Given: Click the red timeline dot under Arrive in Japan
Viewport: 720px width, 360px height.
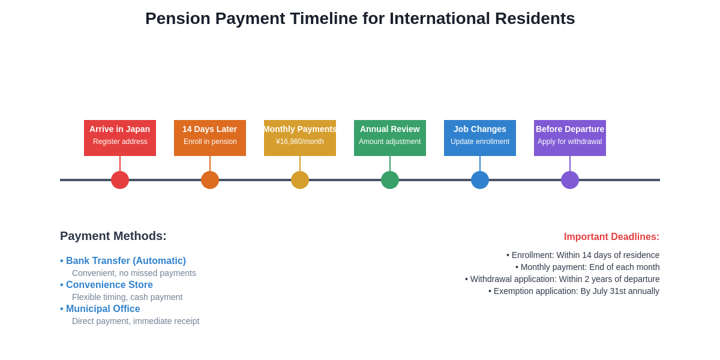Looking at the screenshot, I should tap(120, 180).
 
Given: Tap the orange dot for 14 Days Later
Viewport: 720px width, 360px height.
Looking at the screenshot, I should tap(210, 180).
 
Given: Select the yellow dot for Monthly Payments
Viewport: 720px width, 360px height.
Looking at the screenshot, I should tap(300, 180).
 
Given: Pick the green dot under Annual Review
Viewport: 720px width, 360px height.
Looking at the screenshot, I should tap(390, 180).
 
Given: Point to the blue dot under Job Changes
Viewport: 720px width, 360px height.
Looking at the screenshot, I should tap(480, 180).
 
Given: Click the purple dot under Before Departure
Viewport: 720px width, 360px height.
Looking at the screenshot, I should tap(570, 180).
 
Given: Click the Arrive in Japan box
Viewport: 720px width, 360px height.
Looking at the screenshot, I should tap(120, 137).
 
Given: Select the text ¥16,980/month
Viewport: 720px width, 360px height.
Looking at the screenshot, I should tap(300, 142).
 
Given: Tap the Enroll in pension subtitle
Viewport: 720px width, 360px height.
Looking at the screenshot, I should tap(210, 142).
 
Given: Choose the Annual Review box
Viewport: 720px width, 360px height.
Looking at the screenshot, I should tap(390, 137).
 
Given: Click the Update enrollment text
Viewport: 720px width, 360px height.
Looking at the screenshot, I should tap(480, 142).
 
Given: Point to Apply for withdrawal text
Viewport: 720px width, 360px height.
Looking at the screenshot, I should tap(570, 142).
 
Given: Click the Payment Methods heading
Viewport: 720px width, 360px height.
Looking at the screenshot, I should tap(113, 236).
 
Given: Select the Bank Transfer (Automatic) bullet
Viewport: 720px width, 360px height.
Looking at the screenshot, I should tap(125, 261).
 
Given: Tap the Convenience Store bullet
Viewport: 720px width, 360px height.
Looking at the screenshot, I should tap(109, 285).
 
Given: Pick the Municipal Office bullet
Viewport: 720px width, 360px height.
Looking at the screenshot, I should tap(103, 309).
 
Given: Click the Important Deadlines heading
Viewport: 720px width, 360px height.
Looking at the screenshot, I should tap(611, 237).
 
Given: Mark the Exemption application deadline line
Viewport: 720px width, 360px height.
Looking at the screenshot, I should tap(574, 291).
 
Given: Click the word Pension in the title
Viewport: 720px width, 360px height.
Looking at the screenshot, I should tap(178, 19).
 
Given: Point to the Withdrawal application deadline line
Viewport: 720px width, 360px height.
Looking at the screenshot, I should tap(563, 279).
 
